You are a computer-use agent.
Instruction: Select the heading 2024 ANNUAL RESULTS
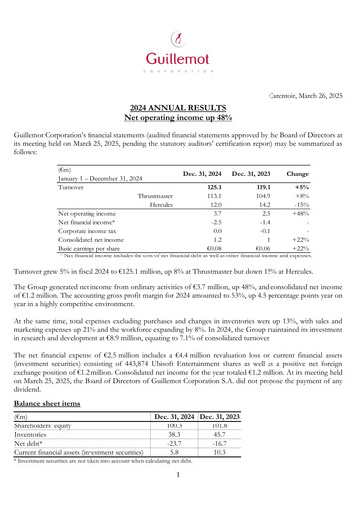(x=180, y=106)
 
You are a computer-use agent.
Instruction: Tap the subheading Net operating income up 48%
(x=180, y=116)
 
